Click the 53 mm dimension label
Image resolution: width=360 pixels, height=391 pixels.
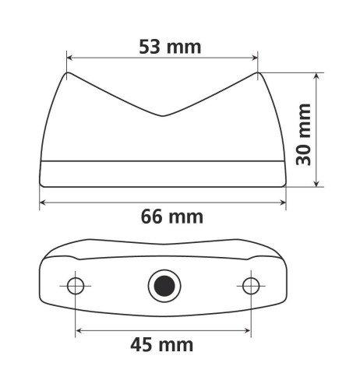[170, 46]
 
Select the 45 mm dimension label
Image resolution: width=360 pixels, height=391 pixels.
[162, 343]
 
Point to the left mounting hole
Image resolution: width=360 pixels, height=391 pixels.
[76, 286]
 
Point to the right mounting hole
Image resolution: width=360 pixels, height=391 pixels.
[250, 286]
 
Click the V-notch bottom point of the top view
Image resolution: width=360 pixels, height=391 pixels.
[162, 117]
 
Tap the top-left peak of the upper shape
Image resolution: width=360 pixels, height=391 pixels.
[68, 74]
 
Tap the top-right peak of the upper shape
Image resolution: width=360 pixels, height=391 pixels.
[257, 74]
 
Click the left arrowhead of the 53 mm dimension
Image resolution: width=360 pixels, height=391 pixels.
[71, 57]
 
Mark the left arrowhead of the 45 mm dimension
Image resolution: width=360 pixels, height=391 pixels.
[79, 329]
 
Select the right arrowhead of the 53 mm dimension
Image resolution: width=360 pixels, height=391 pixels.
[254, 57]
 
